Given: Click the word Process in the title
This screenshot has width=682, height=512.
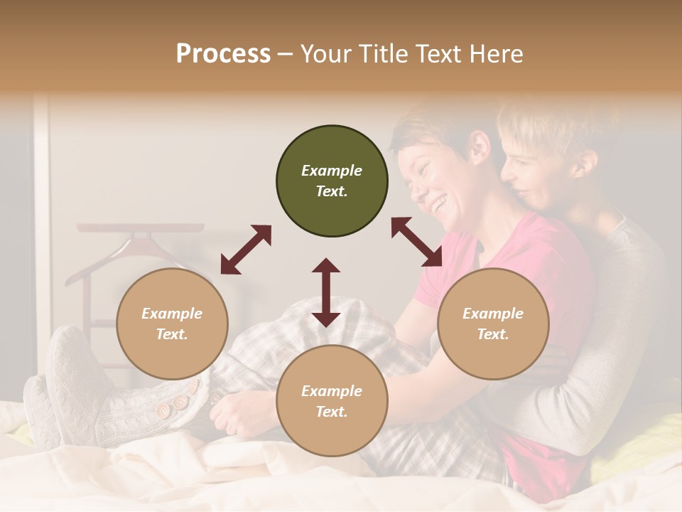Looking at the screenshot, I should [223, 54].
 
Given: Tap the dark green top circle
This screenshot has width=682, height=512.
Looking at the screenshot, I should [332, 181].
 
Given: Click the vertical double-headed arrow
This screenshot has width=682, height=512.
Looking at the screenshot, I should [326, 292].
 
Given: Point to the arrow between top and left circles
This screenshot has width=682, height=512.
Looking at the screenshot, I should [246, 250].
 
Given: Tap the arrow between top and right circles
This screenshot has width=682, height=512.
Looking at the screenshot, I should [416, 242].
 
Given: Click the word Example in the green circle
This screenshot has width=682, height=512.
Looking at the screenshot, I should [332, 171].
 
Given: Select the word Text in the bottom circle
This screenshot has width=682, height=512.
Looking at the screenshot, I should [331, 412].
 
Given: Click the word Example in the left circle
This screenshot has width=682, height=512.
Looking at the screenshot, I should [172, 314].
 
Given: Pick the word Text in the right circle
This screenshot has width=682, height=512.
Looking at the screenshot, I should [492, 334].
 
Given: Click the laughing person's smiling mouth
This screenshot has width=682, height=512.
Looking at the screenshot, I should [440, 204].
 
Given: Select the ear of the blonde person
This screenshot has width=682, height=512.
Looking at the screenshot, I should [584, 164].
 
